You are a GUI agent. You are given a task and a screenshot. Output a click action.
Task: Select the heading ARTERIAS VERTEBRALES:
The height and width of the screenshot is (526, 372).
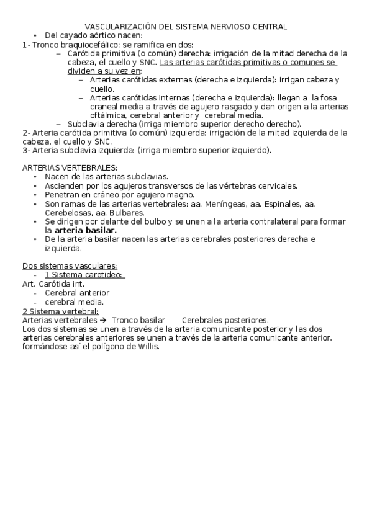(70, 168)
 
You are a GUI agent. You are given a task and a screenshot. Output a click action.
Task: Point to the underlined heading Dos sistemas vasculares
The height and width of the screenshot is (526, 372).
(70, 266)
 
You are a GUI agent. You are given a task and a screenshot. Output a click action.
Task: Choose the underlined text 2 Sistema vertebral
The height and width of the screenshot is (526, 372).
(60, 311)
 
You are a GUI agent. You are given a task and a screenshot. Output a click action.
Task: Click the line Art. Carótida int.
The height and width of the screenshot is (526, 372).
(53, 284)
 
